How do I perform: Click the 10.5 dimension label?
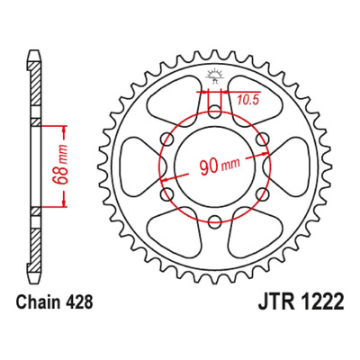pyautogui.click(x=248, y=100)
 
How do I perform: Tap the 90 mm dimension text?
pyautogui.click(x=220, y=166)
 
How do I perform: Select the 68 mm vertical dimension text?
pyautogui.click(x=58, y=166)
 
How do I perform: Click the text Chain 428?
pyautogui.click(x=54, y=302)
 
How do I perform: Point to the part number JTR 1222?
pyautogui.click(x=301, y=302)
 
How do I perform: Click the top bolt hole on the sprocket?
pyautogui.click(x=214, y=112)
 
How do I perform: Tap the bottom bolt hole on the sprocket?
pyautogui.click(x=214, y=221)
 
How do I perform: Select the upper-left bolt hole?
pyautogui.click(x=167, y=139)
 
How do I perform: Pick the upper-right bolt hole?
pyautogui.click(x=262, y=139)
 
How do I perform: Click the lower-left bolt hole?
pyautogui.click(x=167, y=194)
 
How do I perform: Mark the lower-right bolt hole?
pyautogui.click(x=262, y=194)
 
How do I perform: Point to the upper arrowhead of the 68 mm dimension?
pyautogui.click(x=64, y=130)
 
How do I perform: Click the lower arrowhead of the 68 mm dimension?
pyautogui.click(x=64, y=202)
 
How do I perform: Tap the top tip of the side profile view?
pyautogui.click(x=35, y=50)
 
